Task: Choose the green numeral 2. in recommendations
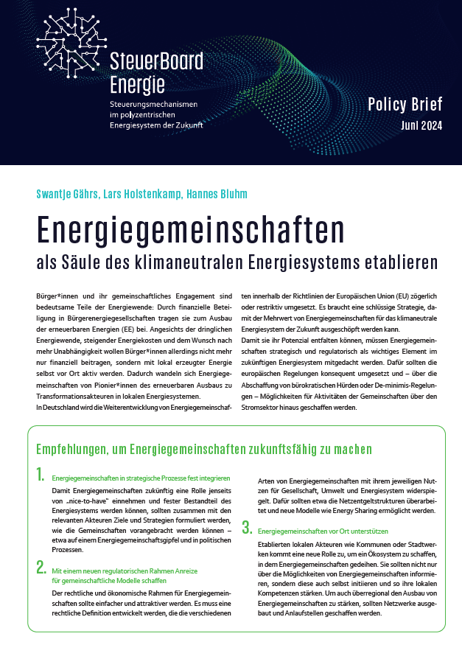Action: coord(42,567)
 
